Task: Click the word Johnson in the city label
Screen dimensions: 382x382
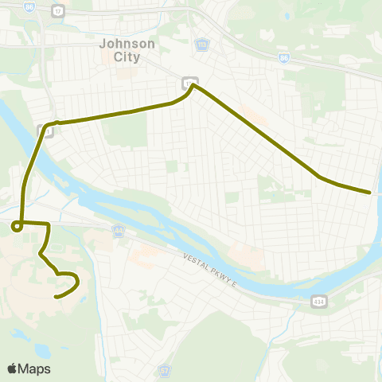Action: (x=119, y=45)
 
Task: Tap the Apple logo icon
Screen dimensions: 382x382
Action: (x=12, y=368)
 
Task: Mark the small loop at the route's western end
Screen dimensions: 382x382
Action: (x=16, y=228)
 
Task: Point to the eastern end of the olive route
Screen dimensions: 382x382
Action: (x=370, y=192)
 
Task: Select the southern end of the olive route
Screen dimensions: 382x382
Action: (x=55, y=297)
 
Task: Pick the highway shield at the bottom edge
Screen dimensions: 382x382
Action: (x=166, y=372)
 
